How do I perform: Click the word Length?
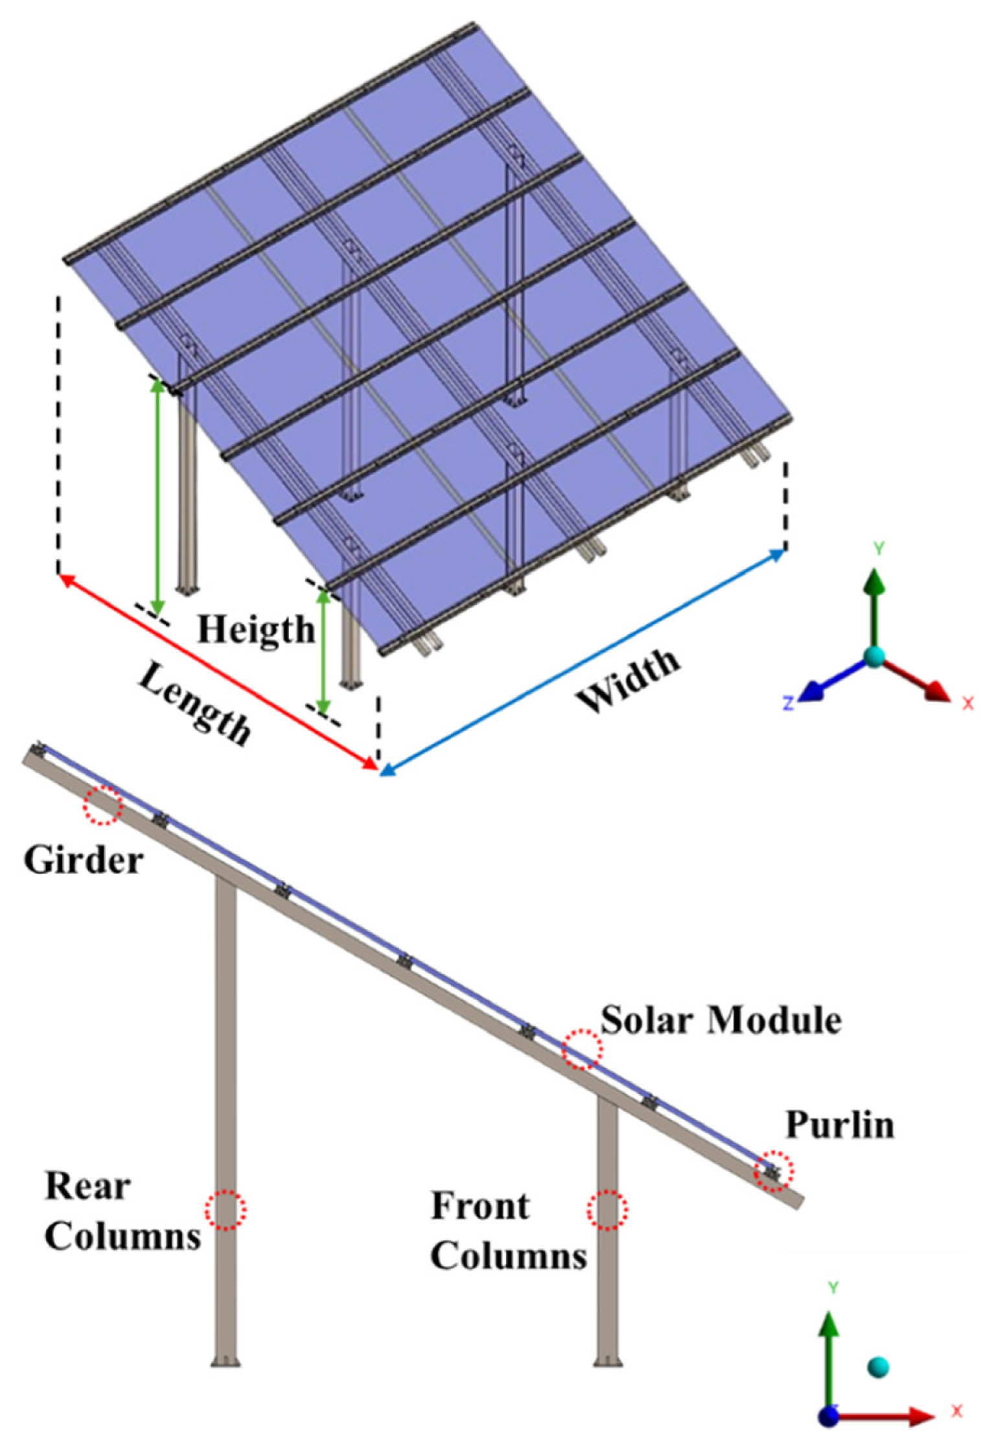point(194,703)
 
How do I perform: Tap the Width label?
point(629,681)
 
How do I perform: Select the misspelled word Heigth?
point(256,629)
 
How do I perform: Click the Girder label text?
point(84,861)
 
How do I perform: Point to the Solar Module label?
point(721,1021)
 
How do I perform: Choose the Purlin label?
point(840,1126)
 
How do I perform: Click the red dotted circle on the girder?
point(102,805)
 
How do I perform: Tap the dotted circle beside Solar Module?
point(582,1049)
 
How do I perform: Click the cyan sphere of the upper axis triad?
point(874,656)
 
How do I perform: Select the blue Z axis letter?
point(789,703)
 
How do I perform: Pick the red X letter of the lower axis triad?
point(956,1410)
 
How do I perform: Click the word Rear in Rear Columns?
point(87,1187)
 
